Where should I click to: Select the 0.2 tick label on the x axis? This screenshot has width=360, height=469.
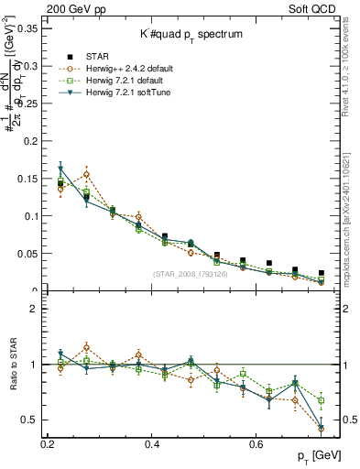tap(48, 443)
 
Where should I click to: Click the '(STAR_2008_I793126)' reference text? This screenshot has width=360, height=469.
tap(192, 274)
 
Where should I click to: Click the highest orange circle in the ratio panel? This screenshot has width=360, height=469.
tap(86, 347)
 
